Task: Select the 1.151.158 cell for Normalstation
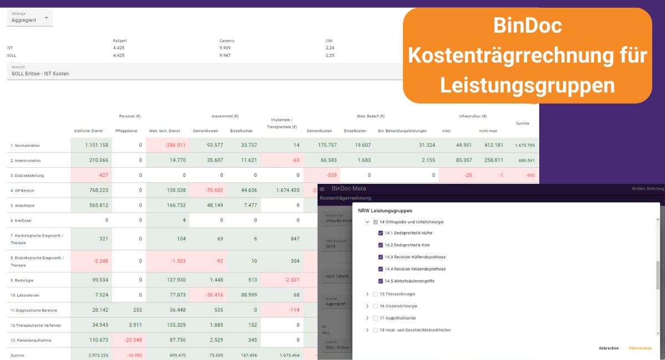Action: click(x=96, y=145)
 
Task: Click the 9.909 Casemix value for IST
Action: click(x=228, y=48)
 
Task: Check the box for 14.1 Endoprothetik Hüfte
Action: click(x=381, y=233)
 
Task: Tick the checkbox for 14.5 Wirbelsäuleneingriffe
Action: click(x=381, y=281)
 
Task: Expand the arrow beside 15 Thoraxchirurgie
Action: click(x=367, y=294)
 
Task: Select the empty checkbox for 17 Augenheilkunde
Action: click(x=376, y=318)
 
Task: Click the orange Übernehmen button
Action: click(x=640, y=348)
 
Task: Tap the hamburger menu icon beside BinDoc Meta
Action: click(x=322, y=189)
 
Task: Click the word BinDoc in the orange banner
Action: click(x=527, y=26)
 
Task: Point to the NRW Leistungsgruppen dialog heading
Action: click(x=385, y=211)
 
